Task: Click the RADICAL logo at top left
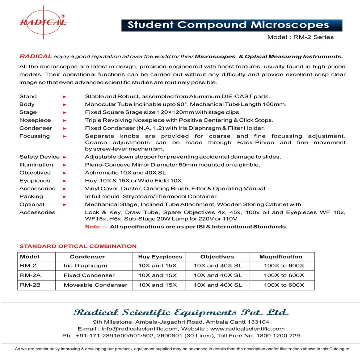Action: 43,22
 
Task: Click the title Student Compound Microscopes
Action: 228,25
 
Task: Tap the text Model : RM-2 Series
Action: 300,37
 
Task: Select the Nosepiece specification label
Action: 35,120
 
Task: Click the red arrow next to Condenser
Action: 65,128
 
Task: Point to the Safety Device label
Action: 39,157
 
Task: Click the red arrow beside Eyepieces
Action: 65,181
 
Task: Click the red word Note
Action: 92,227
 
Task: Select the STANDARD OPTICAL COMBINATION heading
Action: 78,246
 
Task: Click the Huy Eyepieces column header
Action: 160,257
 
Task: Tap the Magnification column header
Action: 281,257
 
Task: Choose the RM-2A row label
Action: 30,275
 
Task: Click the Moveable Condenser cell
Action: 96,285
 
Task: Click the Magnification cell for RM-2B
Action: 284,285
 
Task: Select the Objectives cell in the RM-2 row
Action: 218,266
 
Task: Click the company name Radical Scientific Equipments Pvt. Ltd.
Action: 181,312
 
